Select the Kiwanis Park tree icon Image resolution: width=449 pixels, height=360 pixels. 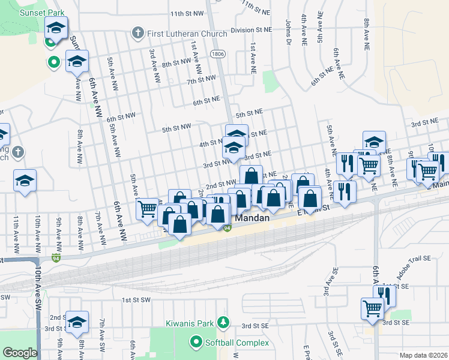(223, 323)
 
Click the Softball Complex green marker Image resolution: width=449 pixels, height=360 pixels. (196, 343)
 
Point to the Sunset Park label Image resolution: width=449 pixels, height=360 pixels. (40, 12)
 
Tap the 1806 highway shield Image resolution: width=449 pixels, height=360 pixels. (217, 54)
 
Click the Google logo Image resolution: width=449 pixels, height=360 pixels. (19, 353)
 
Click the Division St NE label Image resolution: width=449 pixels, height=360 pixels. (252, 29)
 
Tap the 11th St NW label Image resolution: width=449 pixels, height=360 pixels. (187, 13)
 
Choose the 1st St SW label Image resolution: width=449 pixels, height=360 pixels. (134, 299)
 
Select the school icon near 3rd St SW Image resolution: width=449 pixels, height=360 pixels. (77, 323)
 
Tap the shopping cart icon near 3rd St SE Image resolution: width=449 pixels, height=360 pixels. (372, 308)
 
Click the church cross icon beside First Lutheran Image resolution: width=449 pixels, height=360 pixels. (138, 33)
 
